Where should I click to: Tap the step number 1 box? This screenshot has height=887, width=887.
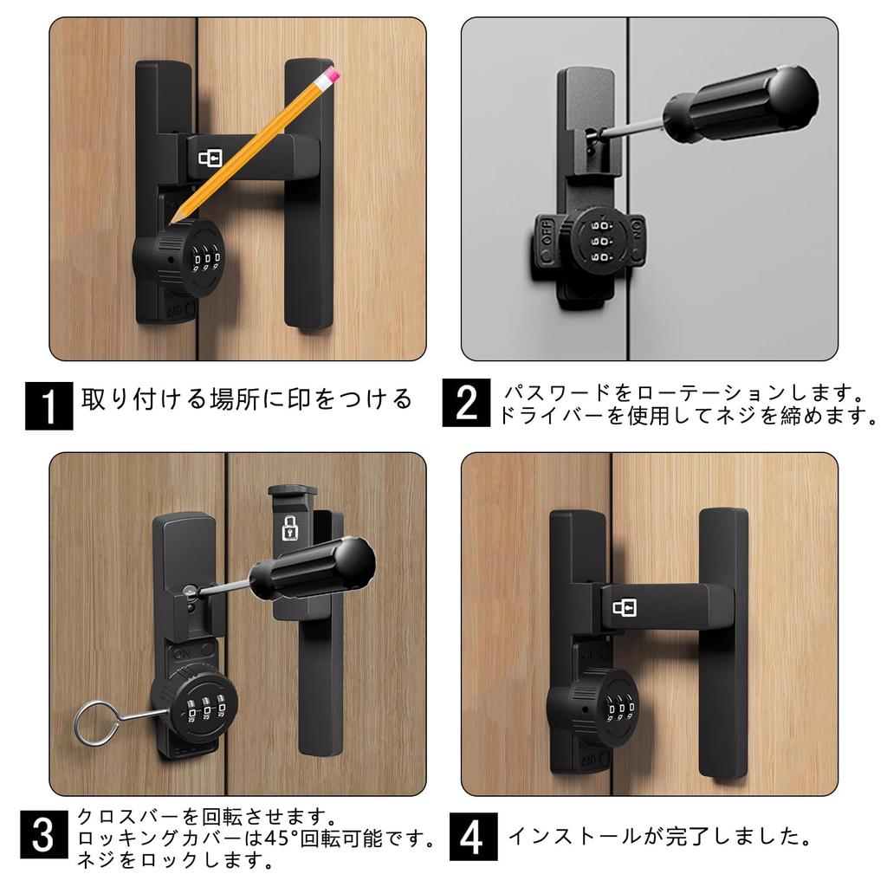[x=49, y=405]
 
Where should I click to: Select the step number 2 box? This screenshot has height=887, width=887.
[x=466, y=403]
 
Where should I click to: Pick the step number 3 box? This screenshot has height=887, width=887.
[x=43, y=834]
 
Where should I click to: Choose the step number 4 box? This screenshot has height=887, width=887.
[x=474, y=837]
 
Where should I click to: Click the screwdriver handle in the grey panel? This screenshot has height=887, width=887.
[x=741, y=102]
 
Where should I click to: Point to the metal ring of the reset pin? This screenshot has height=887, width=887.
[x=96, y=723]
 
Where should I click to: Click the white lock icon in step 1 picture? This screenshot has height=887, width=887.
[x=210, y=159]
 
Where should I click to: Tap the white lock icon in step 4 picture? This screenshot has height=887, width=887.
[x=625, y=608]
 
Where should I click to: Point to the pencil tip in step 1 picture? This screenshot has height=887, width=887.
[x=172, y=222]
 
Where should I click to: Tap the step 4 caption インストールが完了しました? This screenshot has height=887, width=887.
[x=660, y=837]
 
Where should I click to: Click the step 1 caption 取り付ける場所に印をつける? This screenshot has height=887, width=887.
[x=247, y=398]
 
